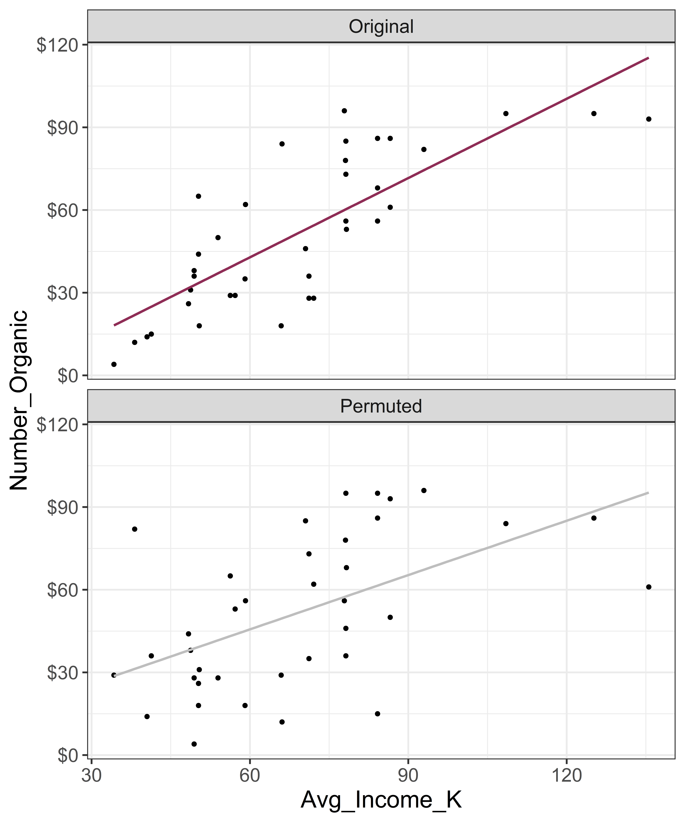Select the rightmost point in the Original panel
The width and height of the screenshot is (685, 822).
pos(649,119)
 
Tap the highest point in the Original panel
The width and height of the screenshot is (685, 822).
pos(344,111)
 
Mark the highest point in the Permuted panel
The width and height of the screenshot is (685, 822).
pos(424,490)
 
